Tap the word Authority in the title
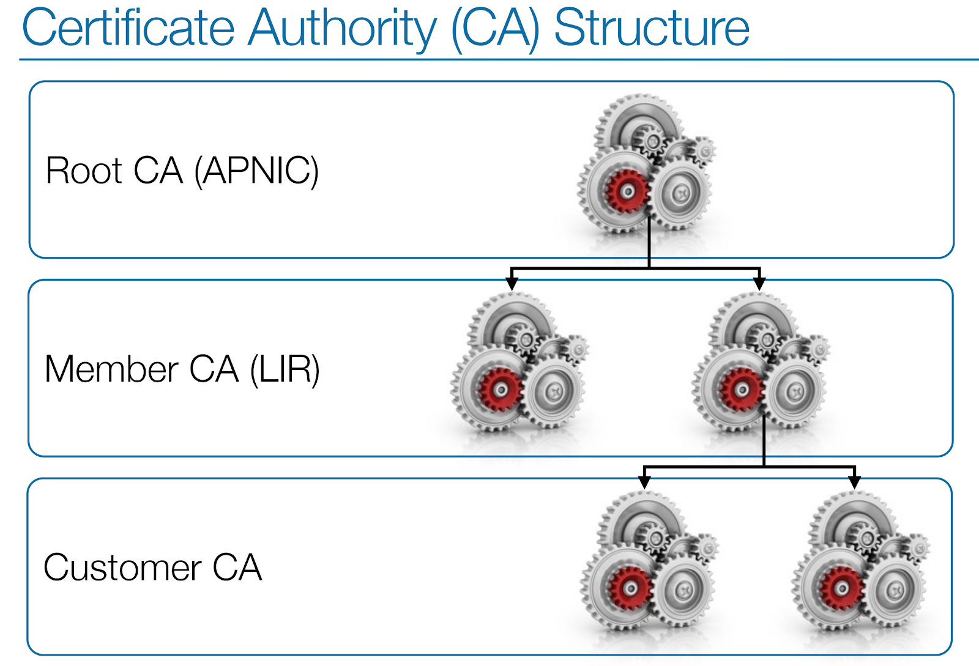(x=342, y=29)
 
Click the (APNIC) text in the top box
(x=256, y=171)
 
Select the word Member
(x=111, y=369)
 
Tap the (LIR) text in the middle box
(x=285, y=369)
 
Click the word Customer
(x=122, y=568)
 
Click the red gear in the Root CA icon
(x=627, y=191)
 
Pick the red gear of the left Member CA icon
(x=501, y=390)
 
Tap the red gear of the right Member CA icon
(x=742, y=390)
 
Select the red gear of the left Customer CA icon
(x=630, y=588)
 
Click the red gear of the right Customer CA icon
(x=842, y=588)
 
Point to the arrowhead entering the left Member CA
(x=512, y=284)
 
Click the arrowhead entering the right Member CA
(x=759, y=284)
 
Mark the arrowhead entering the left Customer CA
(x=644, y=483)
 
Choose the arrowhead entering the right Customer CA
(x=855, y=483)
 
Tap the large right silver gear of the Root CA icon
(x=680, y=193)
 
